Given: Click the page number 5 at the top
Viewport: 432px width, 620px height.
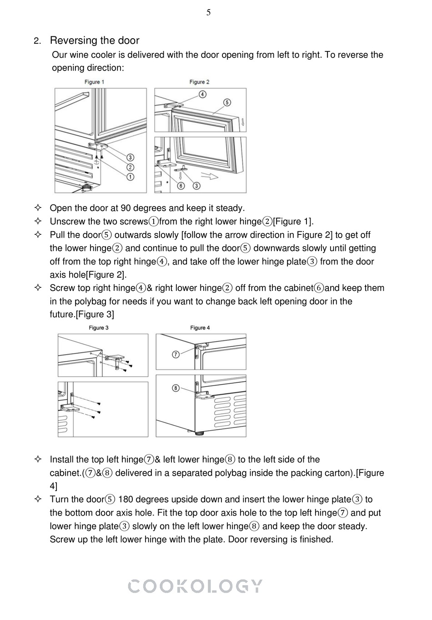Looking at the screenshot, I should coord(208,13).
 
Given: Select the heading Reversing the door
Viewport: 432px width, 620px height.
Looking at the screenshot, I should coord(95,41).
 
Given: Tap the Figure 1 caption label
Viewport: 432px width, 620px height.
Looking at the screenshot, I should coord(95,82).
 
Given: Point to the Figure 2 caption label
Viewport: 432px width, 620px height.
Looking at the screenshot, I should coord(199,82).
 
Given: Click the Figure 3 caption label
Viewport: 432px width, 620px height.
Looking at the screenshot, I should coord(98,328).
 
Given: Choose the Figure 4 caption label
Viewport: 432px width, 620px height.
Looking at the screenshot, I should coord(200,328).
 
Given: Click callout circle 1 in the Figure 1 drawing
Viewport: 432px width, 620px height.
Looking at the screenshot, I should coord(130,177).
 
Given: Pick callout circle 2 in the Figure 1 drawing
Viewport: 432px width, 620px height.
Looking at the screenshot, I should coord(130,167).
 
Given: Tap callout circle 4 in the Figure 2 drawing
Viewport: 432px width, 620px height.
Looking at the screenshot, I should coord(202,94).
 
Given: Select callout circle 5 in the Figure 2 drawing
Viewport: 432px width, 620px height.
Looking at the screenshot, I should coord(227,102).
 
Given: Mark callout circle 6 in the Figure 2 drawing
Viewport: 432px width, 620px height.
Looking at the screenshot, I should coord(181,186).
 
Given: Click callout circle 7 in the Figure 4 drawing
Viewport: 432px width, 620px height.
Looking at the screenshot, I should coord(176,354).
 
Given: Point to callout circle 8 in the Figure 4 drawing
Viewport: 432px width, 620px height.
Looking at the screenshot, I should coord(176,388).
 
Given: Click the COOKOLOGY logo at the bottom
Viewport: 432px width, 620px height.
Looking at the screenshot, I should coord(195,586).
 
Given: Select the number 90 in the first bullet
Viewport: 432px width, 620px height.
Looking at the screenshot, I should coord(126,208).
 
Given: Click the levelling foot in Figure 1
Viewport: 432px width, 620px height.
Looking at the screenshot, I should coord(85,187).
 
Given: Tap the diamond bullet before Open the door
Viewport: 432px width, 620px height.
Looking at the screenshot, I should coord(38,208).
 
